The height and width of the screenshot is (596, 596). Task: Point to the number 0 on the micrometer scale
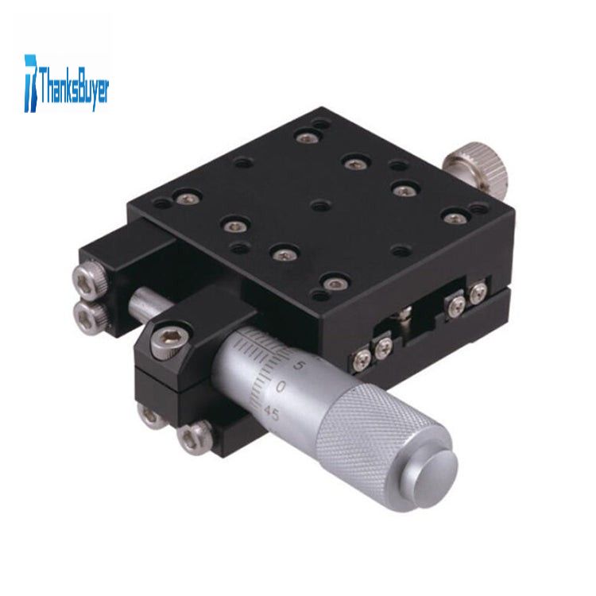(x=281, y=387)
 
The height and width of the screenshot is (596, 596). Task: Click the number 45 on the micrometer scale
(x=272, y=412)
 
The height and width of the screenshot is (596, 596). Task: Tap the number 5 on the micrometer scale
(x=299, y=365)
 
